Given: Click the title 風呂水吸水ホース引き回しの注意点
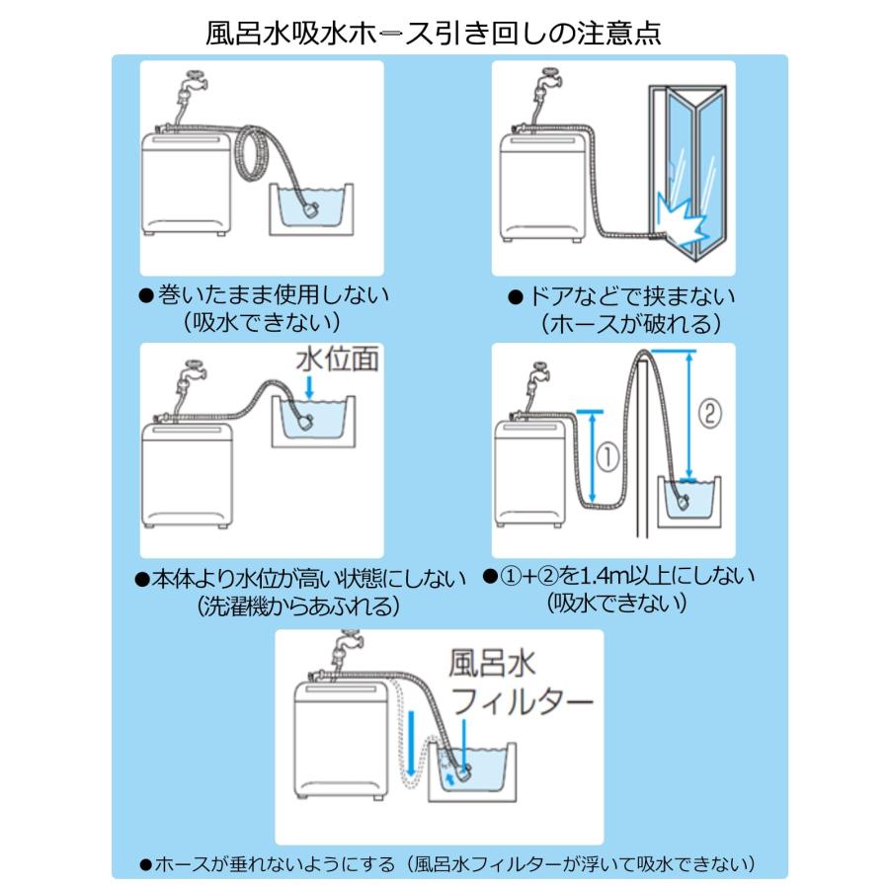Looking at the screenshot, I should (x=433, y=32).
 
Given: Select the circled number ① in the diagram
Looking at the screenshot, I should (x=606, y=457).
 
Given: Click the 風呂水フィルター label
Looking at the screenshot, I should (x=521, y=681).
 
